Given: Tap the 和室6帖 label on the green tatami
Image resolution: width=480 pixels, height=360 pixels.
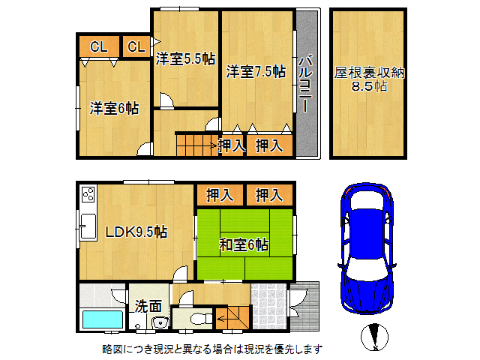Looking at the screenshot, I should coord(244,244).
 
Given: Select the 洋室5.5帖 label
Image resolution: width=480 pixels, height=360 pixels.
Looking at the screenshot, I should coord(186,59).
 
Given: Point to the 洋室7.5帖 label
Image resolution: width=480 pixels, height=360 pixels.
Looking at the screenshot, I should coord(256,72).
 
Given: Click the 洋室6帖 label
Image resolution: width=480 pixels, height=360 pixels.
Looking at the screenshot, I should coord(114,108).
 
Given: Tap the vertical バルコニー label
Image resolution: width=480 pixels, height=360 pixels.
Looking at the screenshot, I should coord(306,83).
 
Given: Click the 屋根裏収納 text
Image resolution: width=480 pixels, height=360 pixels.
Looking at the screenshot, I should coord(369,73).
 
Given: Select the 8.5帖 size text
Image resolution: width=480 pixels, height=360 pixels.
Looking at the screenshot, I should coord(369,87).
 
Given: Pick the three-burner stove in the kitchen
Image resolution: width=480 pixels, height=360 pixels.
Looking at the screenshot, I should coord(88,196).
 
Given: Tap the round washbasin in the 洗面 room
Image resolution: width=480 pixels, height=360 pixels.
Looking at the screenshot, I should coord(158,323).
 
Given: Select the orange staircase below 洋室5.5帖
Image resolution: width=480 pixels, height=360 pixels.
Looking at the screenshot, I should coord(195,143).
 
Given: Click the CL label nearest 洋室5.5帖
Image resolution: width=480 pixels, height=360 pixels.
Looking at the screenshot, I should coord(136,47).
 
